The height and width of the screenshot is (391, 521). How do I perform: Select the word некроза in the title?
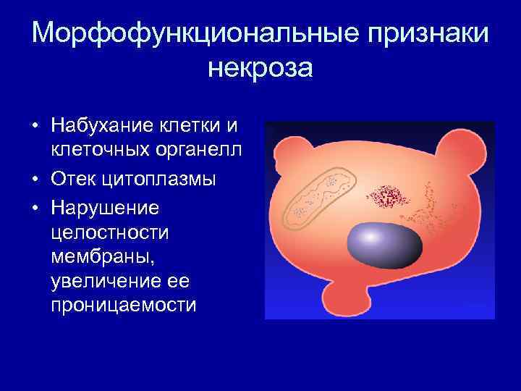(x=260, y=70)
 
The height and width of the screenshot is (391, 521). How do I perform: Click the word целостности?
(x=107, y=232)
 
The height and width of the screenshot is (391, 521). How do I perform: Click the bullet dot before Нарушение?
(x=35, y=206)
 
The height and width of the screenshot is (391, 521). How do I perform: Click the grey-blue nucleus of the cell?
(x=384, y=245)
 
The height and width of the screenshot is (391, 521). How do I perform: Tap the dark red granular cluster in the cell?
(x=389, y=195)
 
